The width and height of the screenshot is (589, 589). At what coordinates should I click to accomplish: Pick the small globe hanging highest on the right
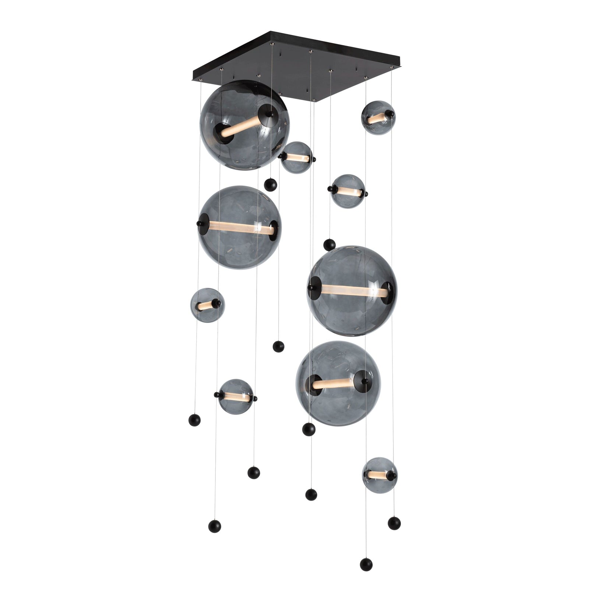point(378,117)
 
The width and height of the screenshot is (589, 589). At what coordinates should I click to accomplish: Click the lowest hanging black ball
point(366,565)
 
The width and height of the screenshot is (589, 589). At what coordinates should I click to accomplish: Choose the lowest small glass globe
point(379,475)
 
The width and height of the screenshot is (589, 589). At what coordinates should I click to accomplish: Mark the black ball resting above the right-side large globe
point(329,244)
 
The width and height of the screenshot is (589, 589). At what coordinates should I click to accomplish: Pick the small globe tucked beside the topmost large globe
point(297,157)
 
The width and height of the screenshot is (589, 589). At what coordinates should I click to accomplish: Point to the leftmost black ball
point(194,420)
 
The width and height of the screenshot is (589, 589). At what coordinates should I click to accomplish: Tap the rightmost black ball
point(394,523)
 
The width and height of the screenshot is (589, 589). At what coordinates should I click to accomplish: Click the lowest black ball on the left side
point(215,526)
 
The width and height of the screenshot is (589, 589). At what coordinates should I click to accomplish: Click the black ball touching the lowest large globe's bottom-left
point(308,429)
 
